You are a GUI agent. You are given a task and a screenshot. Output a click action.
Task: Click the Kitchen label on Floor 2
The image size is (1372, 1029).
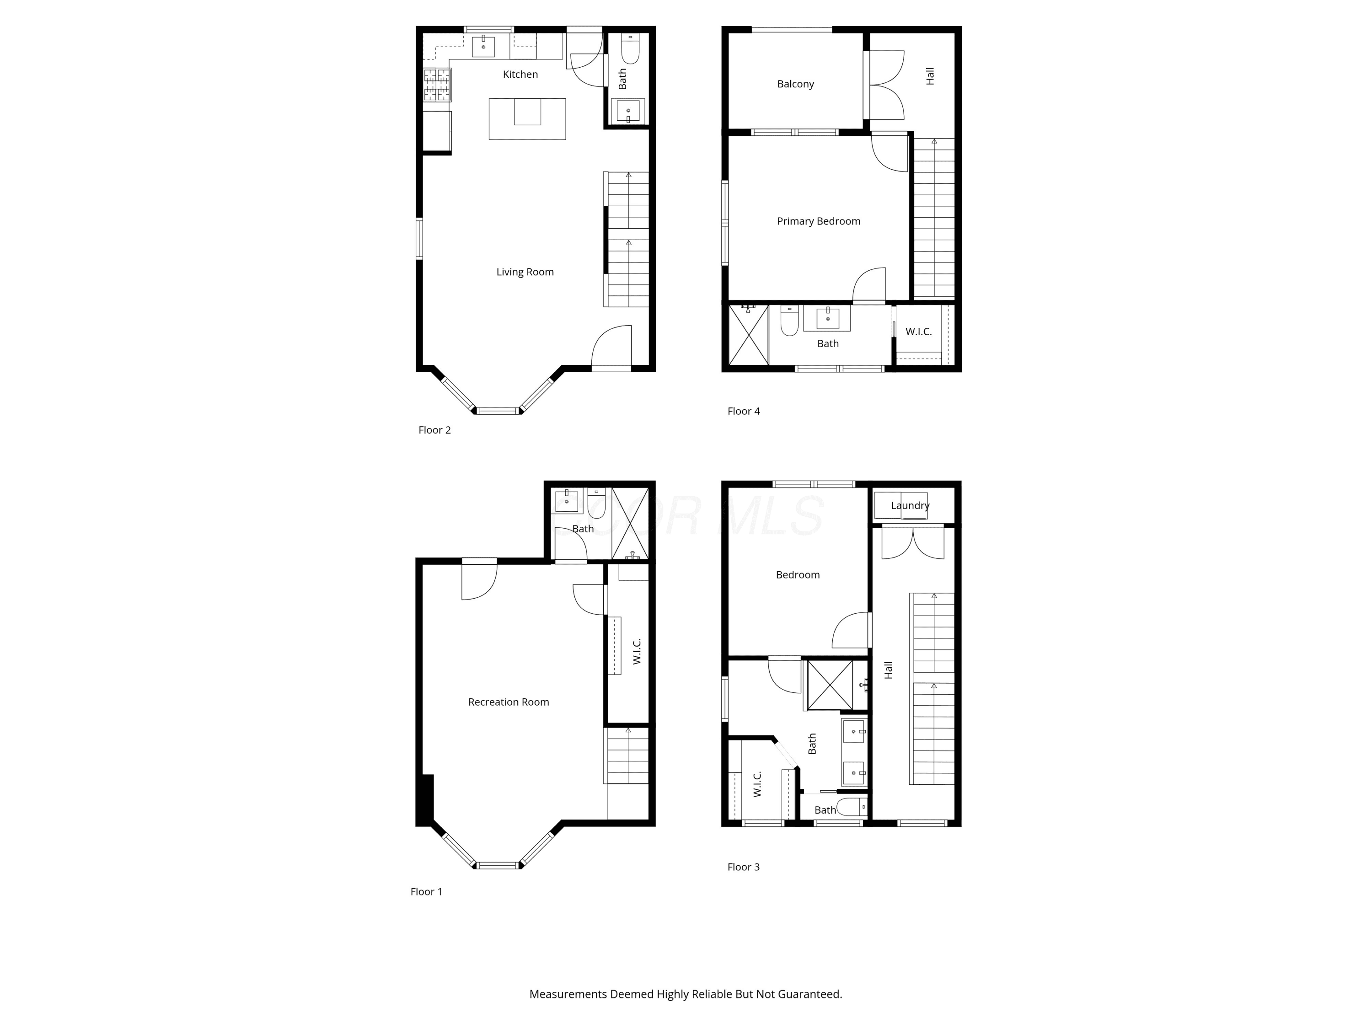520,75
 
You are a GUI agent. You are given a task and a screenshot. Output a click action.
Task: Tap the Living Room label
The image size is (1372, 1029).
525,272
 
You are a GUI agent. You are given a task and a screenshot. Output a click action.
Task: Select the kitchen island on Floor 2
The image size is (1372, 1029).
527,118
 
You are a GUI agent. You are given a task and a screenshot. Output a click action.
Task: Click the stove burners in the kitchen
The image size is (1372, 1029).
437,85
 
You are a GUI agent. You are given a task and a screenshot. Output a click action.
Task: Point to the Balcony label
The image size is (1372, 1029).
795,84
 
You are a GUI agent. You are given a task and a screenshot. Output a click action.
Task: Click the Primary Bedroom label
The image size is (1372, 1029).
818,221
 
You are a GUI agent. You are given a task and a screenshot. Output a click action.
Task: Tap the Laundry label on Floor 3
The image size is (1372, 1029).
910,505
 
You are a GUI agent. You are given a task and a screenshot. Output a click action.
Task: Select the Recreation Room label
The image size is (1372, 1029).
509,702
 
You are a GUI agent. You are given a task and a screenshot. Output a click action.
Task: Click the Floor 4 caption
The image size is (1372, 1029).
743,411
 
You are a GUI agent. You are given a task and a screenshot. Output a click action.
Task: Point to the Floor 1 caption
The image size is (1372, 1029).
426,892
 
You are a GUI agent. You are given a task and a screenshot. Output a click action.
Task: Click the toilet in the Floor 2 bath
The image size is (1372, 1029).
630,49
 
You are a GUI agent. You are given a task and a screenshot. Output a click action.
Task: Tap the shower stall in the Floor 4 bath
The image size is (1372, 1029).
749,335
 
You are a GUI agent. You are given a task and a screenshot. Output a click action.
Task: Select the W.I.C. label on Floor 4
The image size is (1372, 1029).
919,332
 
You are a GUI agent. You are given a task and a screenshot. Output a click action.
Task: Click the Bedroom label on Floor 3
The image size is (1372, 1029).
798,575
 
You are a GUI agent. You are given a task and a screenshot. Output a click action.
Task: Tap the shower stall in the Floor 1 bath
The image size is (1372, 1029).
630,524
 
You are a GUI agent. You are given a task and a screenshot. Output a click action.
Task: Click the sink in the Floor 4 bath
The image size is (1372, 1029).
827,318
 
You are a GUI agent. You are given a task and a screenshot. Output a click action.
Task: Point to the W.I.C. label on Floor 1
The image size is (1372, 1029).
637,651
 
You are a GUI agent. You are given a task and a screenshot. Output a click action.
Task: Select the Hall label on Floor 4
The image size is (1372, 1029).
930,76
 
